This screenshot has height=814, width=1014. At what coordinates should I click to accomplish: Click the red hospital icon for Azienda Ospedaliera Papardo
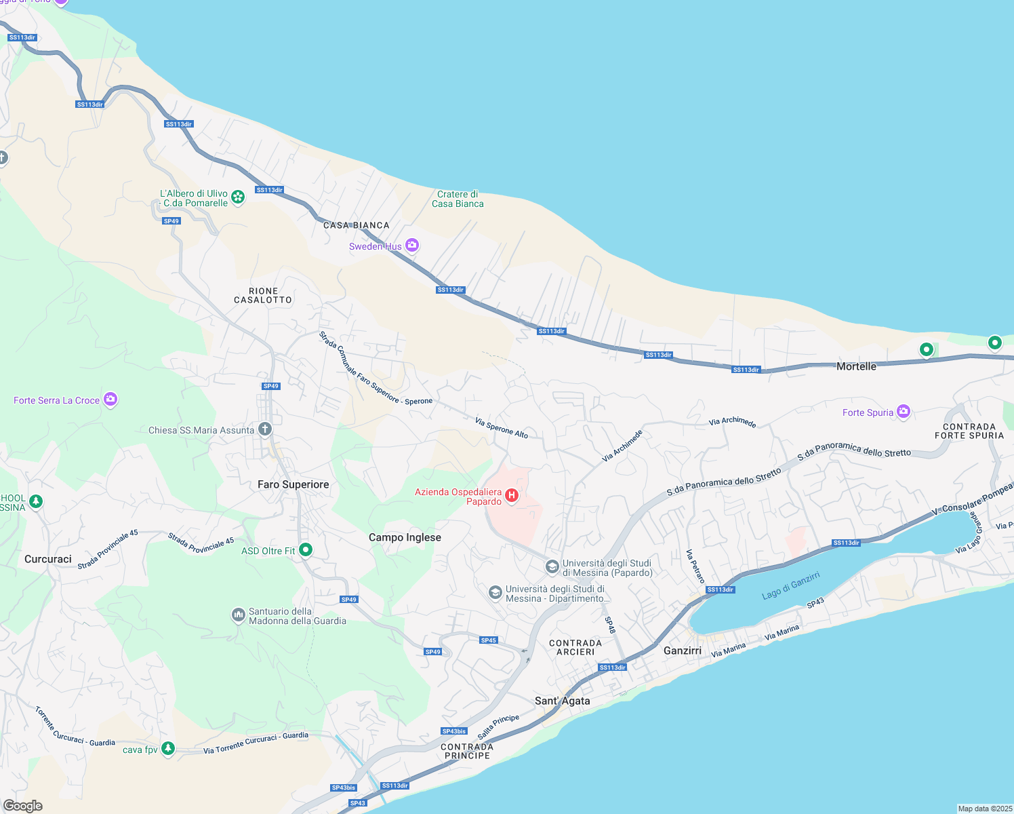pyautogui.click(x=512, y=496)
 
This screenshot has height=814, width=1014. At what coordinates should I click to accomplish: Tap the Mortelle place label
pyautogui.click(x=856, y=366)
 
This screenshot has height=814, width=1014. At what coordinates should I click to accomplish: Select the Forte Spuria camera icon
pyautogui.click(x=903, y=412)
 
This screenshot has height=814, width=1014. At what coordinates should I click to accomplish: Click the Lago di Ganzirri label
pyautogui.click(x=790, y=585)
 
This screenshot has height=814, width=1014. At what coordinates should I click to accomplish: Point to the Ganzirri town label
pyautogui.click(x=683, y=651)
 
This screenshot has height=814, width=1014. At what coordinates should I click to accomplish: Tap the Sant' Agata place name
pyautogui.click(x=562, y=701)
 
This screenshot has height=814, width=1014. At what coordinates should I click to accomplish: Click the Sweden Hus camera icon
pyautogui.click(x=412, y=246)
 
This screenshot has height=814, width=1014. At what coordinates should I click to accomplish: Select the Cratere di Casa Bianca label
pyautogui.click(x=458, y=199)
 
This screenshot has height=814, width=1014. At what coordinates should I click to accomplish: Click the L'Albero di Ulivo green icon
pyautogui.click(x=238, y=197)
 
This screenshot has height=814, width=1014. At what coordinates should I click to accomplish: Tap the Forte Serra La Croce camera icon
pyautogui.click(x=110, y=400)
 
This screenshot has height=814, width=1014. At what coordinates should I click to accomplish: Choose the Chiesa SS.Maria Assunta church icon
pyautogui.click(x=265, y=429)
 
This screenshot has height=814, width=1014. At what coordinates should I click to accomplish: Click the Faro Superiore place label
pyautogui.click(x=293, y=484)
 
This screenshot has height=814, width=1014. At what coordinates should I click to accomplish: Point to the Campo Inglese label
pyautogui.click(x=405, y=537)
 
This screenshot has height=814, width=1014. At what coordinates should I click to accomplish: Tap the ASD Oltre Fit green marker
pyautogui.click(x=306, y=550)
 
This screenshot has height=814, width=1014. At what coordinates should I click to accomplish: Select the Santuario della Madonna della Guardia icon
pyautogui.click(x=238, y=615)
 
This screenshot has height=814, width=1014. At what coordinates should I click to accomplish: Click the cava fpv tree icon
pyautogui.click(x=168, y=749)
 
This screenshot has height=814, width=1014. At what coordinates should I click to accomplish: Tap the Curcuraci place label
pyautogui.click(x=48, y=559)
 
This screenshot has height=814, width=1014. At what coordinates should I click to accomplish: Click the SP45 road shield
pyautogui.click(x=488, y=640)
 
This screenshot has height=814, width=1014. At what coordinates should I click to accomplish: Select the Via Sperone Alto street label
pyautogui.click(x=501, y=428)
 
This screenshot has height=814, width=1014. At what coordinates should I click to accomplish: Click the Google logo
pyautogui.click(x=23, y=806)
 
